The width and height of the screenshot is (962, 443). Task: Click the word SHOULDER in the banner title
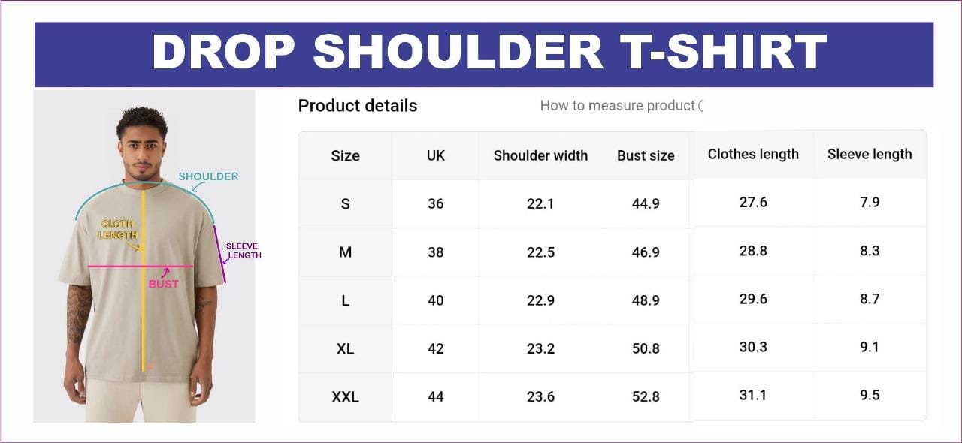click(458, 51)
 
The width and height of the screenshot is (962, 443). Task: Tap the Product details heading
click(358, 106)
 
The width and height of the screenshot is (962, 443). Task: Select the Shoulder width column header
click(540, 155)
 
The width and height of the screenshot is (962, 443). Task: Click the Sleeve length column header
click(870, 154)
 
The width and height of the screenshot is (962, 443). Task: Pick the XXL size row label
click(345, 396)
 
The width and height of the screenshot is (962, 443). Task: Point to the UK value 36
click(435, 203)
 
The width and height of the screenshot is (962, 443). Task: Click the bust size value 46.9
click(646, 252)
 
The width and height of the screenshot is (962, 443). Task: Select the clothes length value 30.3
click(753, 347)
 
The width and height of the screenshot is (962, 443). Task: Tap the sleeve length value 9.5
click(870, 395)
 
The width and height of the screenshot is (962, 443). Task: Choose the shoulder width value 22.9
click(540, 300)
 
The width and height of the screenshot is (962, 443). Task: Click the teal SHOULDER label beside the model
click(208, 176)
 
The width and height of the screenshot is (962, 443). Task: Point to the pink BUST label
click(164, 284)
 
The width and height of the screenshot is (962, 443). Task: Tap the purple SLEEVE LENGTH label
click(244, 251)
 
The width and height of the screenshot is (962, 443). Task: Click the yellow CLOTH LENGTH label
click(117, 229)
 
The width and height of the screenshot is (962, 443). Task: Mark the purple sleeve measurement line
click(219, 254)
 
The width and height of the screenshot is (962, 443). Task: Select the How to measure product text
click(617, 106)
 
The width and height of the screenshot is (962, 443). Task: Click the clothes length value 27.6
click(753, 202)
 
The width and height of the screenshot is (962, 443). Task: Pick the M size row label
click(345, 252)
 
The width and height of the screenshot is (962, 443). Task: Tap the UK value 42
click(435, 348)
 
